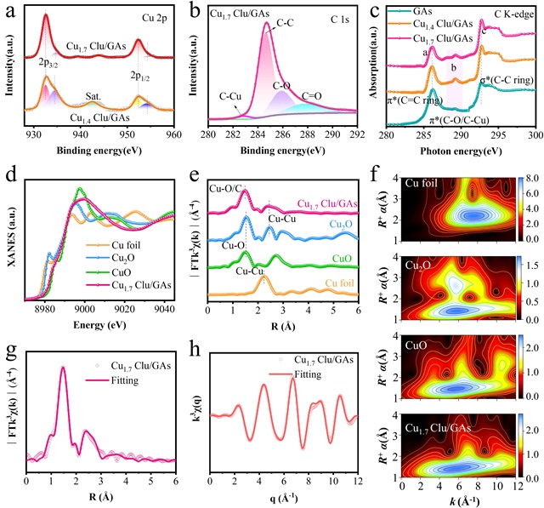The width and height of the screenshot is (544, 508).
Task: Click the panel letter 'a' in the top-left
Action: click(x=9, y=11)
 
